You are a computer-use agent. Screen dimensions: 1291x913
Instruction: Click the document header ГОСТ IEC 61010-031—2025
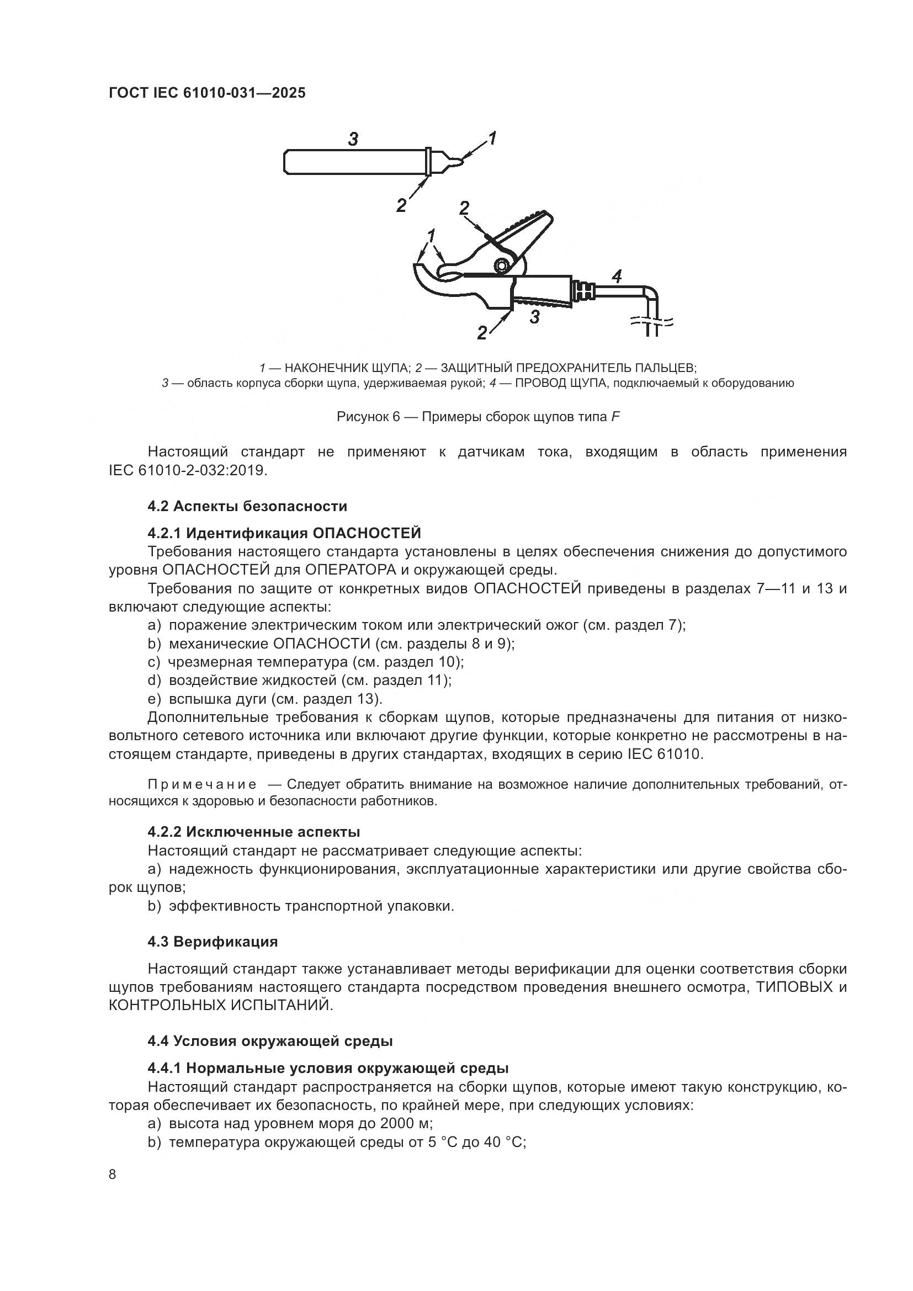[x=207, y=93]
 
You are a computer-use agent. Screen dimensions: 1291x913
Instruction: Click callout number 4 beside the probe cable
[x=616, y=276]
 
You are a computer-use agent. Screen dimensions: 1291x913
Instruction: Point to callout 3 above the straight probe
[x=353, y=139]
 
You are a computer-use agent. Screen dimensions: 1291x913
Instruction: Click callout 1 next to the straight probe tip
[x=492, y=137]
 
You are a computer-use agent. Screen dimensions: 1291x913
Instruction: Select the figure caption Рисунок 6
[x=478, y=417]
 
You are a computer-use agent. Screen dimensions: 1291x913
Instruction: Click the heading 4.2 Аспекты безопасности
[x=247, y=506]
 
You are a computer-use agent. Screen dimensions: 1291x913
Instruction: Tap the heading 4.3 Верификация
[x=213, y=941]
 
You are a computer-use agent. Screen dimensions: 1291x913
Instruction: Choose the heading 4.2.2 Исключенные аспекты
[x=253, y=832]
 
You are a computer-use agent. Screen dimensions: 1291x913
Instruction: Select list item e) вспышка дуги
[x=264, y=699]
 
